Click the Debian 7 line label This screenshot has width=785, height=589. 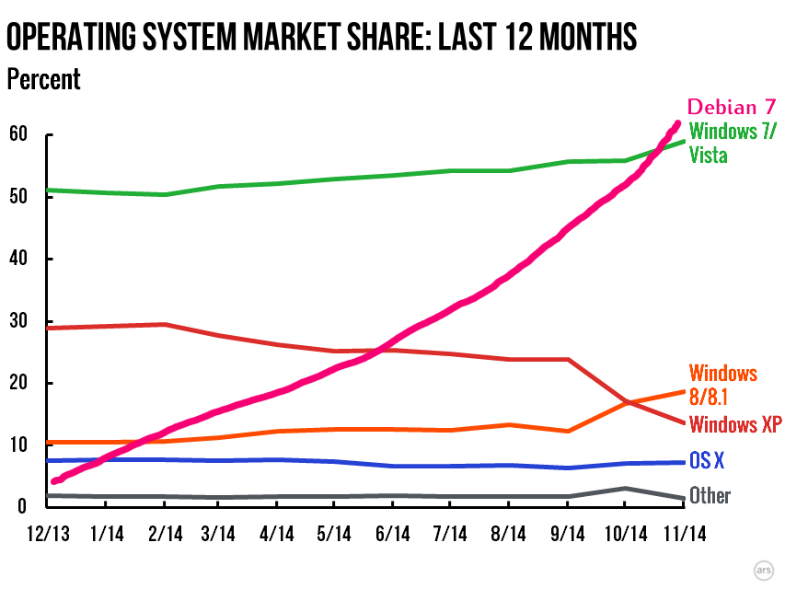733,107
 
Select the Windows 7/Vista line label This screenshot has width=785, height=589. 732,143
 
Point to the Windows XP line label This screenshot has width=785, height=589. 735,424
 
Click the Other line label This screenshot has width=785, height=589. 710,496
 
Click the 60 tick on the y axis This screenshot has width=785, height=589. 18,135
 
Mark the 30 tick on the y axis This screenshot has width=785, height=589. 18,321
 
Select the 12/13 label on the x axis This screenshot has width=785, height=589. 47,533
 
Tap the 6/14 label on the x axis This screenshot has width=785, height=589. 392,533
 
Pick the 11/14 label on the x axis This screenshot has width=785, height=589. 681,533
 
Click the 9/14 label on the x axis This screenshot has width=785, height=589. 567,533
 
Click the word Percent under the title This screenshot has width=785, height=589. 43,79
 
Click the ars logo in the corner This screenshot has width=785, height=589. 762,569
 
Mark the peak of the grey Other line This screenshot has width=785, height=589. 625,489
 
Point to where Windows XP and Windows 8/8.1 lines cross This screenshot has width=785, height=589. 625,402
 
